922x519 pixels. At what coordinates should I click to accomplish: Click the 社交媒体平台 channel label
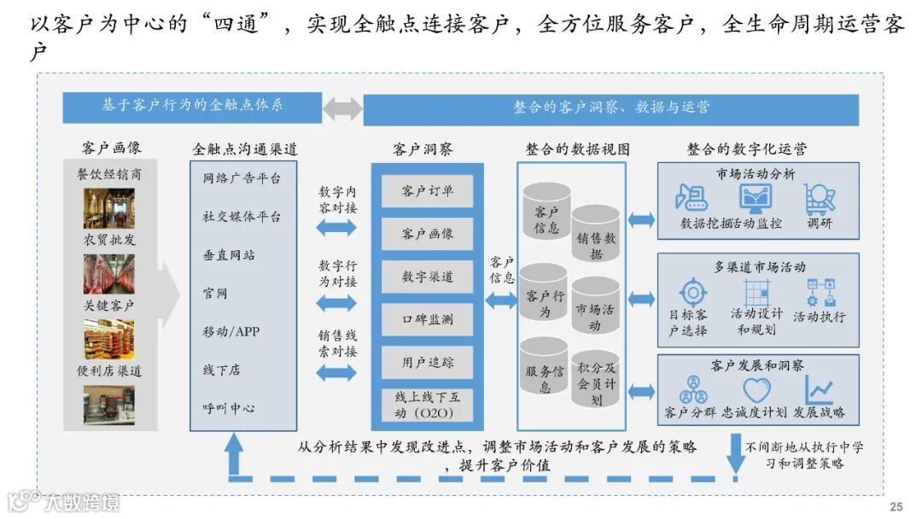[242, 217]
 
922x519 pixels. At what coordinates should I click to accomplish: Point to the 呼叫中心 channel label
[229, 407]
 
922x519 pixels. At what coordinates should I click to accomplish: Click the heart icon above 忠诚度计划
[756, 390]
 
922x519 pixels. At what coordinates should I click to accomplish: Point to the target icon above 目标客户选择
[692, 292]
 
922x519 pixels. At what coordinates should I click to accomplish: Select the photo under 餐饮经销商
[108, 207]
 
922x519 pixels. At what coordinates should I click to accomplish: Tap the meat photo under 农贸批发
[108, 273]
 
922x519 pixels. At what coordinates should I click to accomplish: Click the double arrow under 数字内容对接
[336, 227]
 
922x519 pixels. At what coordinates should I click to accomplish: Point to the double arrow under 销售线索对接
[336, 372]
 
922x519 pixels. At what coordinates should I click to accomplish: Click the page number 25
[896, 506]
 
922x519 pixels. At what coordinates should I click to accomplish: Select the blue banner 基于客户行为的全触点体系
[192, 106]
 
